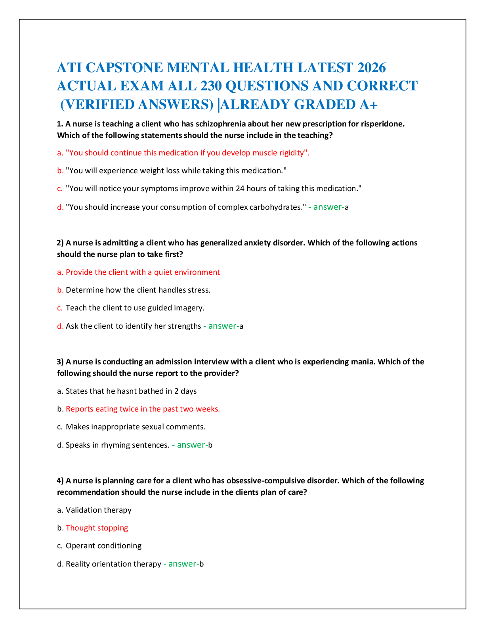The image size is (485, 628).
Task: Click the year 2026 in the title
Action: point(371,68)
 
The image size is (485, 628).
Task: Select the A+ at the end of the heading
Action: point(369,104)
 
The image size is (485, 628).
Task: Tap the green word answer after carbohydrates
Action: point(328,207)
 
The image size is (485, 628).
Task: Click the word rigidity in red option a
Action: point(292,153)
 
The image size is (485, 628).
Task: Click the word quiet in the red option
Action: point(163,272)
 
